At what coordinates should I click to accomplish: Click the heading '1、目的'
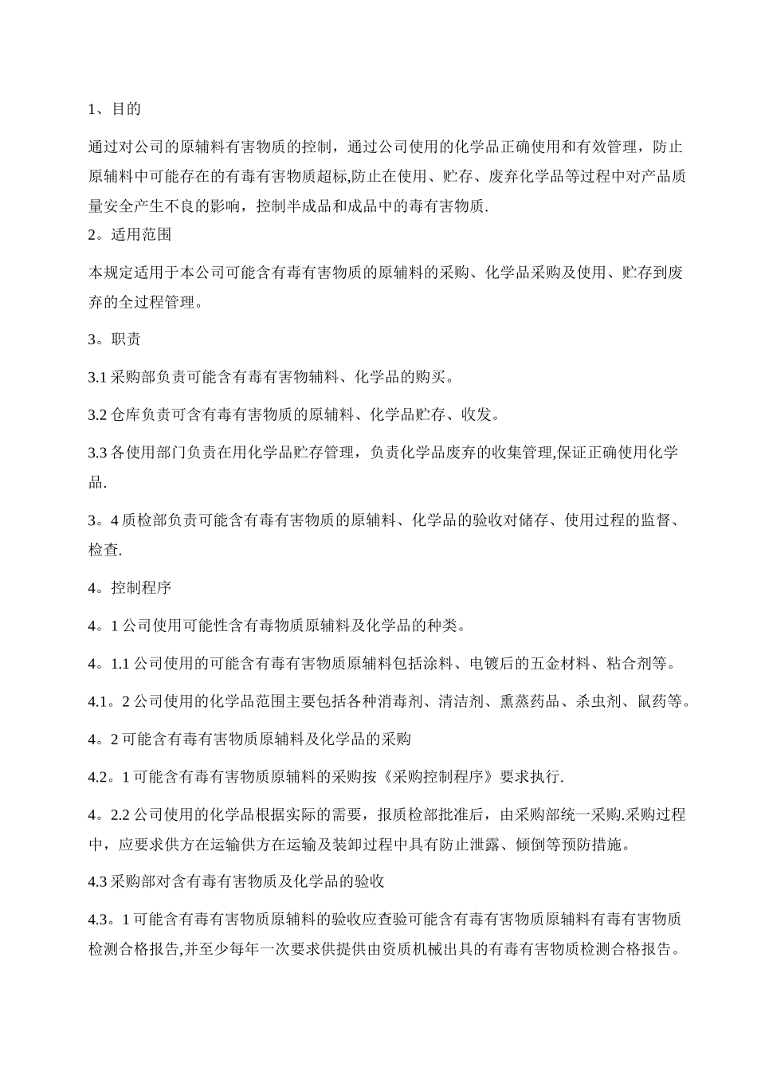click(114, 109)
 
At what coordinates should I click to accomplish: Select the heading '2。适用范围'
click(129, 235)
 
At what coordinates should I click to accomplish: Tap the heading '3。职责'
click(114, 339)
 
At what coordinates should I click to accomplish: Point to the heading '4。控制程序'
click(129, 588)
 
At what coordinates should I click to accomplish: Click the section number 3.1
click(97, 377)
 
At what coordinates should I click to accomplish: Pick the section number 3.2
click(97, 414)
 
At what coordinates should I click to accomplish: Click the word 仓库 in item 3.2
click(126, 414)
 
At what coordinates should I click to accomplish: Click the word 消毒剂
click(408, 702)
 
